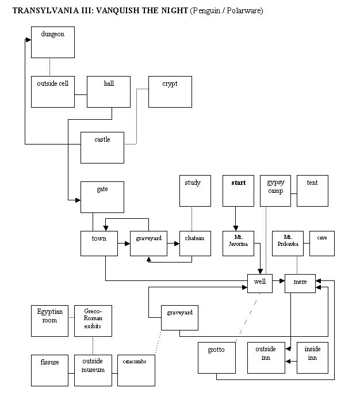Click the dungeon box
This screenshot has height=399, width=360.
pyautogui.click(x=53, y=42)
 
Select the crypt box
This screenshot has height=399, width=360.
pyautogui.click(x=170, y=92)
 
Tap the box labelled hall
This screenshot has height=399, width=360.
pyautogui.click(x=109, y=92)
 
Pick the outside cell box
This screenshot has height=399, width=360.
pyautogui.click(x=53, y=92)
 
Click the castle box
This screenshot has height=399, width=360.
pyautogui.click(x=102, y=147)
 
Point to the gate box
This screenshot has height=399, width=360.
pyautogui.click(x=102, y=197)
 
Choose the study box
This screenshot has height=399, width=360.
pyautogui.click(x=195, y=191)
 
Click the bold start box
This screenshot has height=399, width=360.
pyautogui.click(x=238, y=191)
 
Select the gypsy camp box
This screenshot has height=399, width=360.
pyautogui.click(x=275, y=191)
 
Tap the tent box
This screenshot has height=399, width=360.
pyautogui.click(x=312, y=191)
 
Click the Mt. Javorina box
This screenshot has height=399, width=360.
pyautogui.click(x=238, y=244)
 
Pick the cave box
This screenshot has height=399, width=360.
pyautogui.click(x=322, y=244)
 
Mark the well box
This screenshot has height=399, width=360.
pyautogui.click(x=260, y=283)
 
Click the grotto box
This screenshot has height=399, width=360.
pyautogui.click(x=217, y=358)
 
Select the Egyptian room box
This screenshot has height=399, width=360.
pyautogui.click(x=49, y=321)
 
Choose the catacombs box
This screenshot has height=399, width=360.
pyautogui.click(x=136, y=371)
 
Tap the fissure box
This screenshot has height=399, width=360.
pyautogui.click(x=49, y=371)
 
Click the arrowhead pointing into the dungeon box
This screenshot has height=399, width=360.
pyautogui.click(x=28, y=40)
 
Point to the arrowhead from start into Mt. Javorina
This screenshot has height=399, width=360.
pyautogui.click(x=236, y=228)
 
